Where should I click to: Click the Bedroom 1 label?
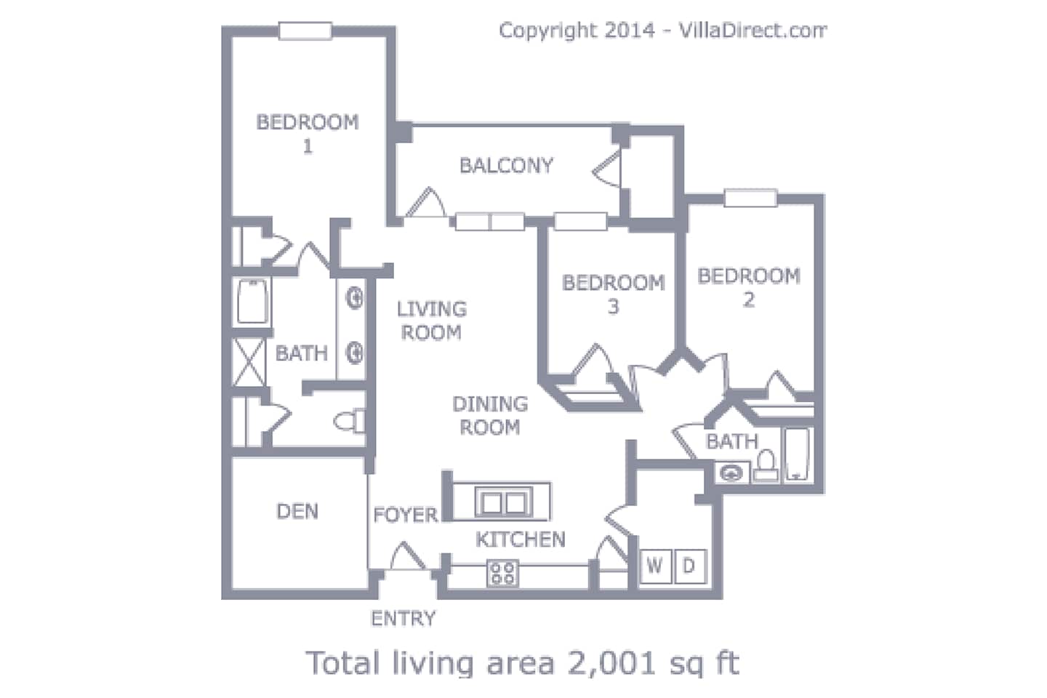pyautogui.click(x=308, y=134)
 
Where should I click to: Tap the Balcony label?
pyautogui.click(x=506, y=166)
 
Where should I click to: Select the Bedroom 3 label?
pyautogui.click(x=613, y=294)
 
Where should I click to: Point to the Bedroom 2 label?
pyautogui.click(x=749, y=287)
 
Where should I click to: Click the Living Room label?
pyautogui.click(x=431, y=321)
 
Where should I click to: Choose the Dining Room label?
pyautogui.click(x=490, y=416)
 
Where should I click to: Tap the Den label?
pyautogui.click(x=297, y=511)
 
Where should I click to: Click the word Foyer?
pyautogui.click(x=405, y=515)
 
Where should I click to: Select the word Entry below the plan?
pyautogui.click(x=403, y=619)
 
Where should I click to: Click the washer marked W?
pyautogui.click(x=655, y=566)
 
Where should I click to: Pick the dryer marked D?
pyautogui.click(x=689, y=566)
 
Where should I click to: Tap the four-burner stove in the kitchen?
pyautogui.click(x=502, y=573)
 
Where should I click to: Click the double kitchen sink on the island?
pyautogui.click(x=503, y=502)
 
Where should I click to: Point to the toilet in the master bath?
pyautogui.click(x=349, y=421)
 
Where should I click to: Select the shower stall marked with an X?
pyautogui.click(x=249, y=362)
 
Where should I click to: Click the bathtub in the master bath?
pyautogui.click(x=252, y=302)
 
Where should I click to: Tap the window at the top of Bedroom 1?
pyautogui.click(x=305, y=31)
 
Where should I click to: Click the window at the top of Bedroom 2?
pyautogui.click(x=750, y=198)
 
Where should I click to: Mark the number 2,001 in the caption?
pyautogui.click(x=612, y=663)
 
